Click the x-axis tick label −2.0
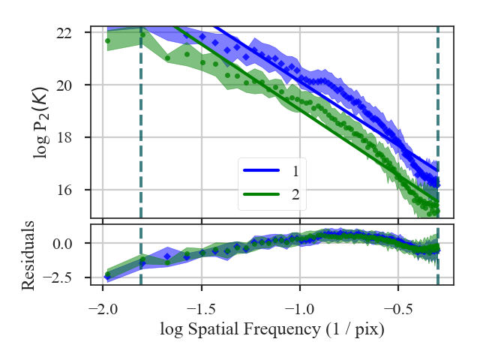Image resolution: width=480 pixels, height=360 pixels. pos(103,309)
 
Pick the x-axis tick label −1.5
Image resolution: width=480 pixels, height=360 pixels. pos(201,309)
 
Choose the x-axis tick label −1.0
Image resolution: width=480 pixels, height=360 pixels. pos(299,309)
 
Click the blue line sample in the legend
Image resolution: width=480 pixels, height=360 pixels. pos(261,171)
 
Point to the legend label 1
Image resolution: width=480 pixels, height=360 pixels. pos(295,171)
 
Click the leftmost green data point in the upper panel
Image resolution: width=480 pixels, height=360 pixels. pos(107,40)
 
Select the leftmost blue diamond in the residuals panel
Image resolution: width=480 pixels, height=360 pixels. pos(107,277)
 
